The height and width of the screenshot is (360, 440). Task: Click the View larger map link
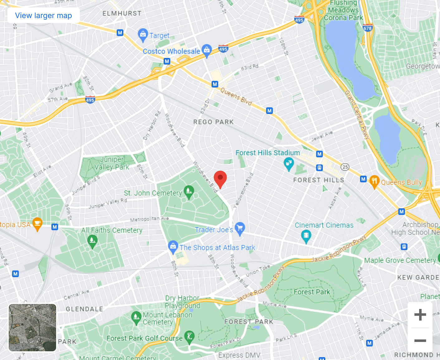[x=43, y=16]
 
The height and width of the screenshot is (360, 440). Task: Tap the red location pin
[x=220, y=178]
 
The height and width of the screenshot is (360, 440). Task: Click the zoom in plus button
[x=420, y=315]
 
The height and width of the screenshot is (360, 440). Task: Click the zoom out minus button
[x=420, y=340]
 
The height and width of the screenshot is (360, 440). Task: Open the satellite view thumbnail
[x=32, y=327]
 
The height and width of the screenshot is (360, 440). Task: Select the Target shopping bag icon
[x=143, y=35]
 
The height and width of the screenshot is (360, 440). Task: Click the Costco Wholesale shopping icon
[x=207, y=50]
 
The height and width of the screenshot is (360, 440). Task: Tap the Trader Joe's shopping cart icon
[x=240, y=228]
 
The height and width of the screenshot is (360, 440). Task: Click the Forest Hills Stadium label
[x=267, y=153]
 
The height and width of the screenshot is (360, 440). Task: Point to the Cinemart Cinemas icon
[x=306, y=236]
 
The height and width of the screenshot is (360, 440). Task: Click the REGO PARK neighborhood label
[x=213, y=122]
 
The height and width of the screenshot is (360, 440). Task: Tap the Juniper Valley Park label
[x=112, y=163]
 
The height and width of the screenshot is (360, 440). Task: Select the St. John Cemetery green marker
[x=189, y=192]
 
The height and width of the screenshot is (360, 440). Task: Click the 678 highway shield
[x=367, y=28]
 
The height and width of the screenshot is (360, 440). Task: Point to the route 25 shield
[x=345, y=167]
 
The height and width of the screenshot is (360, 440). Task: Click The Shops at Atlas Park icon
[x=173, y=247]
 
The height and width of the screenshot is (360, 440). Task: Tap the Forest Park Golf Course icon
[x=189, y=337]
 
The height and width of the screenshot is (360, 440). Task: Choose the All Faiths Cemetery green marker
[x=92, y=241]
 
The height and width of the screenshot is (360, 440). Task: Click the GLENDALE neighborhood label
[x=84, y=309]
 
